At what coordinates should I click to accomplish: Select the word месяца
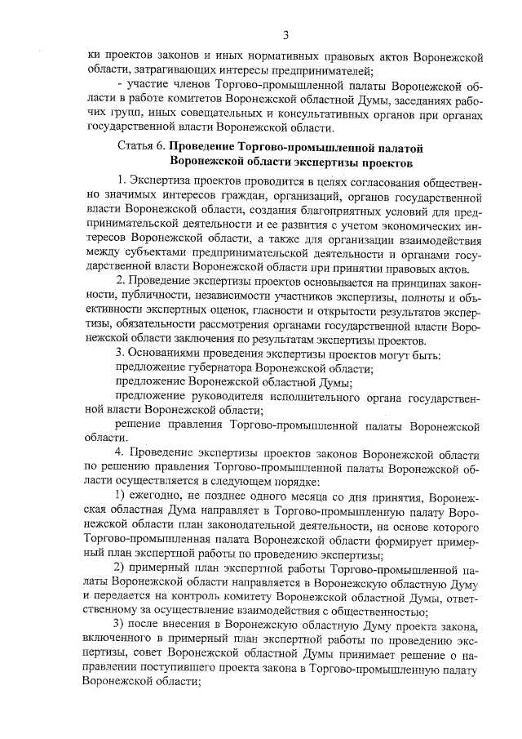[x=296, y=497]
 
